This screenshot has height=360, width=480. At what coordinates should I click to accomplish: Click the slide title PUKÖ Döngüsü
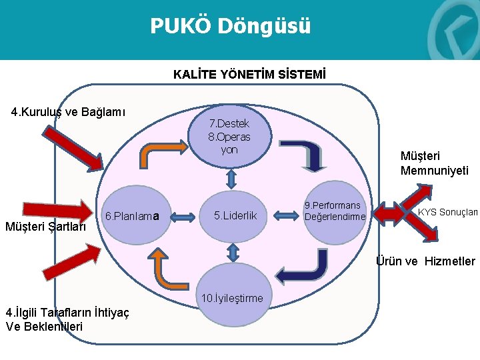(230, 26)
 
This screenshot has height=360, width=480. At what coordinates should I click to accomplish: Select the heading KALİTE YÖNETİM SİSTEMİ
(249, 73)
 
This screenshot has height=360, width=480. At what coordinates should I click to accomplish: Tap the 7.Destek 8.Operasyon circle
(229, 136)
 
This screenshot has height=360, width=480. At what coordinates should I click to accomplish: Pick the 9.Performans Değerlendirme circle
(335, 211)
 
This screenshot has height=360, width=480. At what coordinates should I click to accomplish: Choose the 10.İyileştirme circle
(233, 297)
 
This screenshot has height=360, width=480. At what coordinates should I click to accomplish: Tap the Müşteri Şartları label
(45, 226)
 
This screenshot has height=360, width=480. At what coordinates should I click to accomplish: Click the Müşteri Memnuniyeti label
(434, 163)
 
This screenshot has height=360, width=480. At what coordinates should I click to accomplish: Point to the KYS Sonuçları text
(447, 212)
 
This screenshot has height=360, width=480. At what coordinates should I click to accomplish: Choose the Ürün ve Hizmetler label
(426, 261)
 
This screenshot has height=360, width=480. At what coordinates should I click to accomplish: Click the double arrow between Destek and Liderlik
(231, 178)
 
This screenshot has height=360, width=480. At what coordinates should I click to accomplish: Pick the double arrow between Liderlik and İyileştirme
(233, 252)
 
